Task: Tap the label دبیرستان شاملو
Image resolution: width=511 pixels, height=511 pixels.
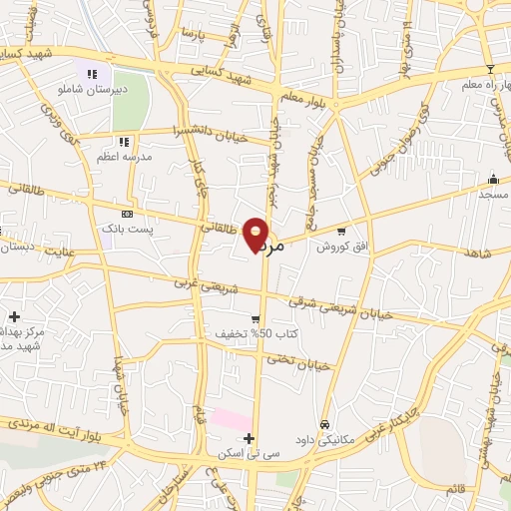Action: (92, 88)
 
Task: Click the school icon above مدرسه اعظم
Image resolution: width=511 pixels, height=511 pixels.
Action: (124, 142)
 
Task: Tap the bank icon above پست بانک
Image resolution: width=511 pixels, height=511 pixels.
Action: (126, 214)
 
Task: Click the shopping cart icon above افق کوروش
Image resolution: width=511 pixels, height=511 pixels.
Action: (341, 232)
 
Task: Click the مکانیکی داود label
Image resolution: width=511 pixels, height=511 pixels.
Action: (324, 439)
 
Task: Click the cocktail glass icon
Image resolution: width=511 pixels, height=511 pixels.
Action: (489, 68)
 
